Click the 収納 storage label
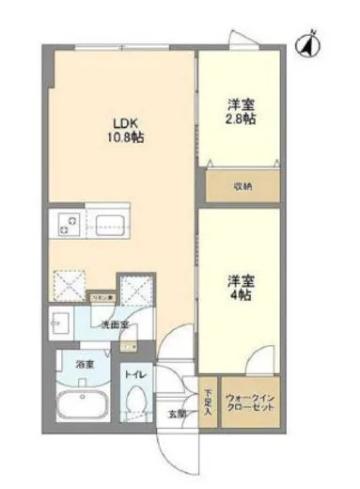tap(243, 185)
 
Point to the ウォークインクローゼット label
tap(249, 403)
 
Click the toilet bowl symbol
tap(136, 402)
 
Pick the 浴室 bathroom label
tap(71, 359)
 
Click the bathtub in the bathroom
tap(81, 406)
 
